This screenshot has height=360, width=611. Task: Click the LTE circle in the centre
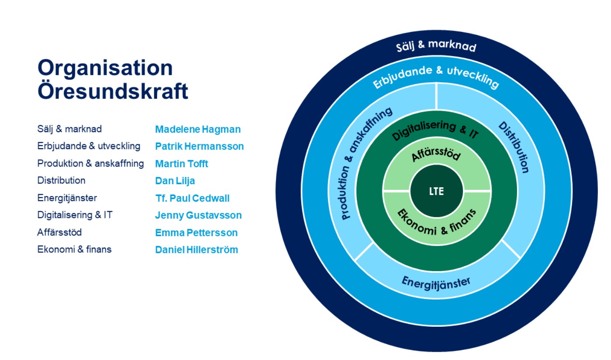(436, 191)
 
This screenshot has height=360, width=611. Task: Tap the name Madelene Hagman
(198, 129)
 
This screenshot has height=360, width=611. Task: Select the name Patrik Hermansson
(199, 147)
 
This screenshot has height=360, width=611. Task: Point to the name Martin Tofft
(182, 164)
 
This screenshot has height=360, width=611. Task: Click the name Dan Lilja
(175, 181)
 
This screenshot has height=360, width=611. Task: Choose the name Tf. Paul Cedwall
(192, 198)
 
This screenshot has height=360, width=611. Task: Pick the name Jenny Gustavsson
(198, 215)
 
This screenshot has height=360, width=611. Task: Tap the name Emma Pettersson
(196, 233)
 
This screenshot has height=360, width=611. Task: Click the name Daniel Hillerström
(196, 250)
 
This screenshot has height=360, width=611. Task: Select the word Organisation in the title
(105, 68)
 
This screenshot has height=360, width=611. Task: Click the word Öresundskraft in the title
(112, 92)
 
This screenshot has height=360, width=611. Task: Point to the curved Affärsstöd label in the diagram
(436, 154)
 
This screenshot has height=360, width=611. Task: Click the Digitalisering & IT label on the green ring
(436, 129)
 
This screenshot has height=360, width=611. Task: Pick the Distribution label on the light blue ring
(514, 147)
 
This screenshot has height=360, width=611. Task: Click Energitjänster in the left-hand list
(67, 198)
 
